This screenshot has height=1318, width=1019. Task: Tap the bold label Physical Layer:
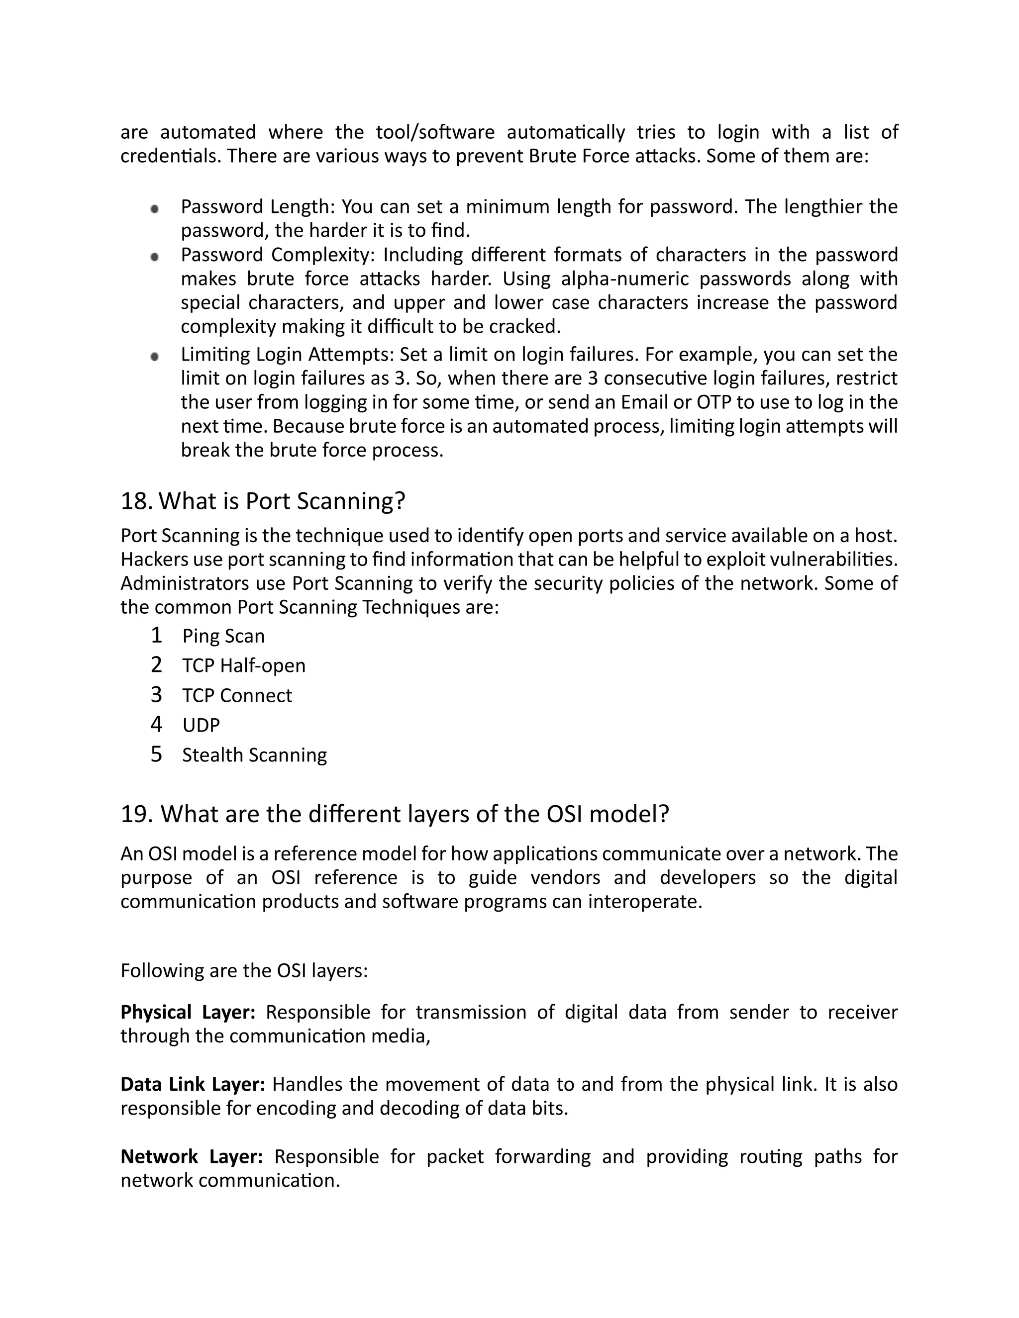coord(188,1012)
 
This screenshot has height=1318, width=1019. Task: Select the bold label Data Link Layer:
coord(193,1084)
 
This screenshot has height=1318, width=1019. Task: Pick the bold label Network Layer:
coord(192,1156)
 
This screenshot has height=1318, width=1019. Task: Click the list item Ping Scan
coord(223,636)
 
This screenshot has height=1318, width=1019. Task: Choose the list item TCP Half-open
coord(244,665)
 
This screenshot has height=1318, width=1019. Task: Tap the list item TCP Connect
coord(237,695)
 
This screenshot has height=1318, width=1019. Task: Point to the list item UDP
coord(201,725)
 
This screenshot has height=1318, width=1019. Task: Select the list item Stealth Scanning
coord(254,755)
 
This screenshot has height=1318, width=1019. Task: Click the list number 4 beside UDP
coord(156,724)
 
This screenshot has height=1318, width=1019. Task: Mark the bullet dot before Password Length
coord(155,209)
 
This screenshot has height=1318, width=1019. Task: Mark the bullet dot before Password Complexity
coord(155,257)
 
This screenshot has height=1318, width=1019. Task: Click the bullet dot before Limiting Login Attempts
coord(155,357)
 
